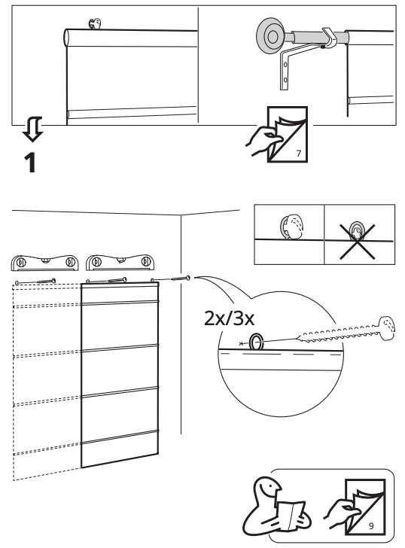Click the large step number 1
coord(31,163)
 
